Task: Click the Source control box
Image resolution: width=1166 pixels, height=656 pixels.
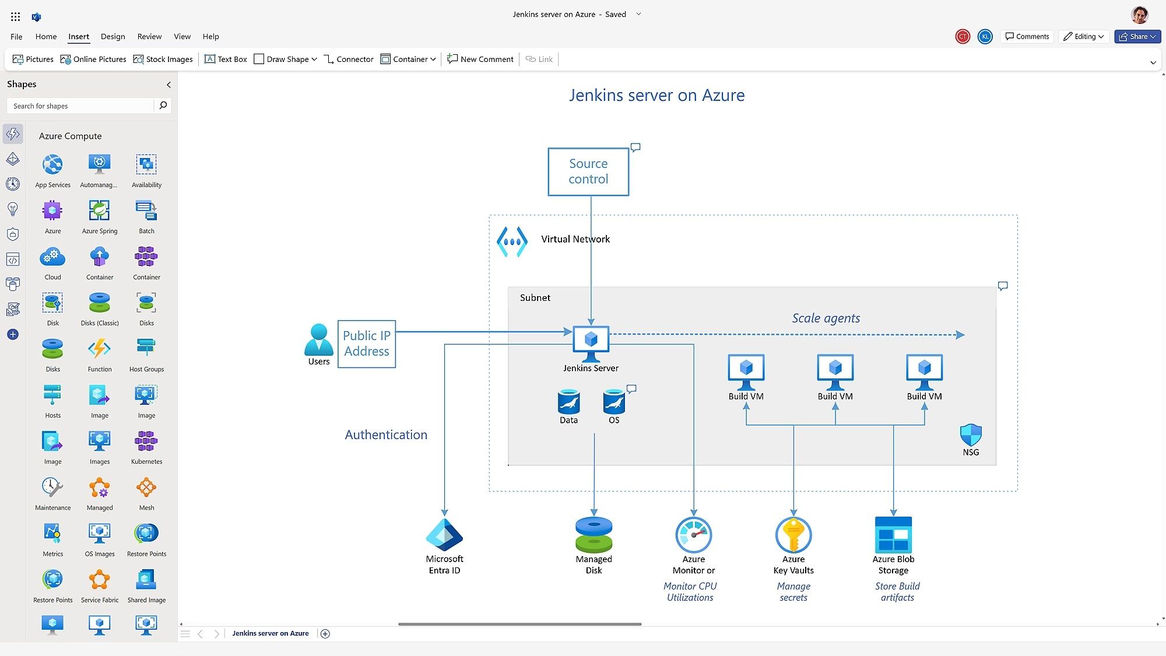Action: (588, 171)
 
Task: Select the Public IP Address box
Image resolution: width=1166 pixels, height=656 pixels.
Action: (367, 343)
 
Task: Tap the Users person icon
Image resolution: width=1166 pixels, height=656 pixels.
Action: (318, 339)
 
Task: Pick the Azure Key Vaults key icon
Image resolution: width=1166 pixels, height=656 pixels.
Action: (793, 534)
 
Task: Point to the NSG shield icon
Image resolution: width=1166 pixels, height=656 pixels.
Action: (971, 435)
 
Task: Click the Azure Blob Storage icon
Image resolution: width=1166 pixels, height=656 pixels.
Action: (893, 534)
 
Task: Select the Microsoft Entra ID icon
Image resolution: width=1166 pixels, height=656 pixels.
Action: (444, 535)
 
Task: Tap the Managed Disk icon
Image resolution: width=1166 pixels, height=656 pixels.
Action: (593, 534)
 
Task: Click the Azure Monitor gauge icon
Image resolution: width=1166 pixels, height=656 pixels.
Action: (693, 534)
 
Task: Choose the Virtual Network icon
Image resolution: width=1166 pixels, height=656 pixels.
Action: (512, 241)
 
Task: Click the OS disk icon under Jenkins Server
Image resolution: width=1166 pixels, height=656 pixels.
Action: (614, 402)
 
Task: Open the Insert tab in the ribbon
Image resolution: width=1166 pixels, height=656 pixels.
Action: (79, 36)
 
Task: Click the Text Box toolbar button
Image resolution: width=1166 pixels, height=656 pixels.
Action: (226, 59)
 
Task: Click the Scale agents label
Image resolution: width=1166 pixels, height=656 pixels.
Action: (826, 318)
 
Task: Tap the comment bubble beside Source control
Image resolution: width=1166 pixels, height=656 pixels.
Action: (635, 147)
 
